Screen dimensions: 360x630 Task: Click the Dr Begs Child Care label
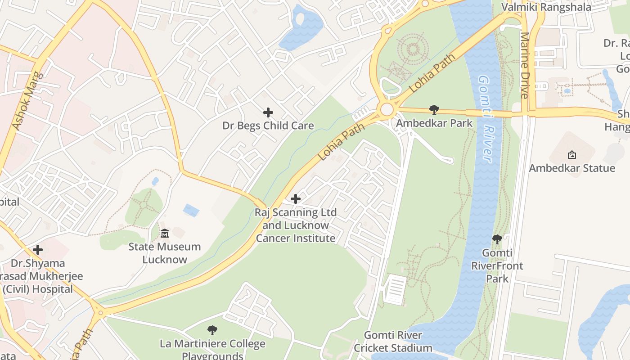click(268, 126)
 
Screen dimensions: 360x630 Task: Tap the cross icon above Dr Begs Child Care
click(268, 112)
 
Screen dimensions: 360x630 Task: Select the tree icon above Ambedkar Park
click(434, 110)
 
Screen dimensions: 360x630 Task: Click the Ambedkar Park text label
click(434, 123)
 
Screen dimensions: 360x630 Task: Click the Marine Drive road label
click(525, 65)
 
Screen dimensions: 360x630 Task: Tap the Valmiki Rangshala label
click(546, 7)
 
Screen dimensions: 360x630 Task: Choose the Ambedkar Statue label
click(571, 168)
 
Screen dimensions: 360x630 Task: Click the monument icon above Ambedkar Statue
click(571, 155)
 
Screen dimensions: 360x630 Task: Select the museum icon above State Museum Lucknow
click(165, 234)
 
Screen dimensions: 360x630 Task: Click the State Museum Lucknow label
click(165, 253)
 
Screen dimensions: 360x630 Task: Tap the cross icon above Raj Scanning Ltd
click(296, 198)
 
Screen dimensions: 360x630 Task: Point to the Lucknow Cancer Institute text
click(296, 232)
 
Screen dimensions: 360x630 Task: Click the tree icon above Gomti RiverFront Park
click(497, 239)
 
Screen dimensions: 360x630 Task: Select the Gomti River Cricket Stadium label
click(393, 342)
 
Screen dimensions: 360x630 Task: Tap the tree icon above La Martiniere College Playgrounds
click(212, 331)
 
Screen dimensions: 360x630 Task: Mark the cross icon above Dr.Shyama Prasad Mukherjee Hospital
click(38, 250)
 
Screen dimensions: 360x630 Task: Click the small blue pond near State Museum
click(191, 210)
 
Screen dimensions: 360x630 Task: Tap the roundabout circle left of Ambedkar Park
click(387, 109)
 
